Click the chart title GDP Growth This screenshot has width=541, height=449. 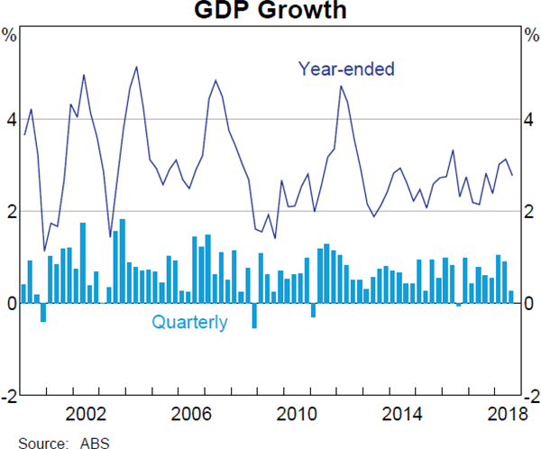point(270,12)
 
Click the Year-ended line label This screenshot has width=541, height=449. point(347,69)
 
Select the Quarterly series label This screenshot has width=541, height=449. point(189,322)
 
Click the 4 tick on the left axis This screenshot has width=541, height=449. point(10,120)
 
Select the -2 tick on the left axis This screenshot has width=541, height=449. point(8,396)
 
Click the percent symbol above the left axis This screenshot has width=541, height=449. point(9,35)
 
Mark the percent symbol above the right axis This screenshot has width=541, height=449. point(531,35)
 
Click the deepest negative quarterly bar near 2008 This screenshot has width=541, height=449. point(254,316)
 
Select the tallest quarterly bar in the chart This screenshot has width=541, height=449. point(123,261)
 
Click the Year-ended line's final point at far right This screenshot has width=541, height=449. point(512,175)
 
